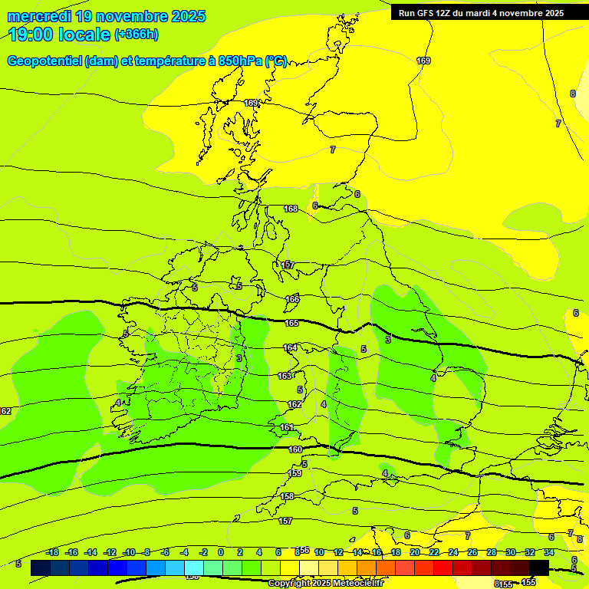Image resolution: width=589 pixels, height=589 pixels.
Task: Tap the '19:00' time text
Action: tap(34, 35)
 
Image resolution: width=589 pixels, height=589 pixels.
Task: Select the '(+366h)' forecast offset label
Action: tap(137, 35)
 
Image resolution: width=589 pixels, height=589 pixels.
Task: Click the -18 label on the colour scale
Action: tap(51, 553)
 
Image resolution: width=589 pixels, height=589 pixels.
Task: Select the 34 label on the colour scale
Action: tap(549, 553)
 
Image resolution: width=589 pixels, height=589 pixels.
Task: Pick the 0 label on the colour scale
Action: tap(221, 553)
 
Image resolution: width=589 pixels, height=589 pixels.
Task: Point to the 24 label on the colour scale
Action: tap(453, 553)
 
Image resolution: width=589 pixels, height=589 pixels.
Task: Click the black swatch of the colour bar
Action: tap(539, 568)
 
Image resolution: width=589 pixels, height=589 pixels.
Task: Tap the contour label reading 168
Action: tap(291, 209)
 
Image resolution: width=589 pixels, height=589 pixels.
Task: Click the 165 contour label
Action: tap(291, 323)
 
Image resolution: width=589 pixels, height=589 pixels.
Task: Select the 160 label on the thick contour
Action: tap(295, 450)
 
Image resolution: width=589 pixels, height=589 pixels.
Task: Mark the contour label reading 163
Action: tap(285, 376)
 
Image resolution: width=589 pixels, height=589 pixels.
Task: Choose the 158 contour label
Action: tap(287, 496)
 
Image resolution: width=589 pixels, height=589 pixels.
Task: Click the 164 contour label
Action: tap(290, 347)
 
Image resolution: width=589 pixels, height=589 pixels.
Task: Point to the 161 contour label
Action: tap(286, 427)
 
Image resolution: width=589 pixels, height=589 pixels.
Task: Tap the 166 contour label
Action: tap(292, 299)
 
